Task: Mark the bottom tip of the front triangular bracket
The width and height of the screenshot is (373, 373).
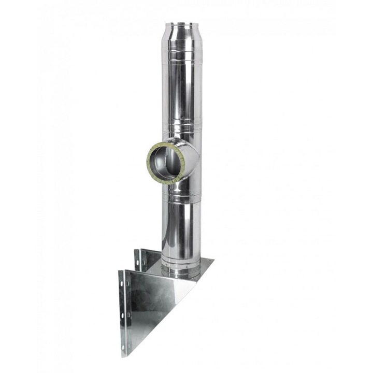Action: (x=124, y=355)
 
